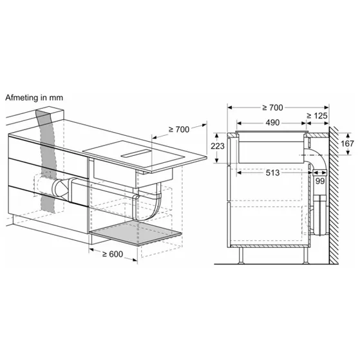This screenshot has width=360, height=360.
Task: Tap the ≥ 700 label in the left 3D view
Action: coord(178,129)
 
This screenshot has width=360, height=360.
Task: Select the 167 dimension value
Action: coord(346,144)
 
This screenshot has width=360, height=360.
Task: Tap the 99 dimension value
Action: coord(320,182)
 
